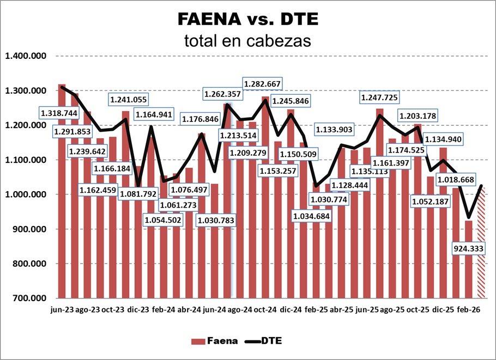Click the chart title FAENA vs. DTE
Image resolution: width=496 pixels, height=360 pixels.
coord(247,20)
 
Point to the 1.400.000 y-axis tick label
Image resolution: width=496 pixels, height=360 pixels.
coord(26,56)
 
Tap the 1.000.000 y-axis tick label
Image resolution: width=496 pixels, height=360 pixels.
coord(26,194)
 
